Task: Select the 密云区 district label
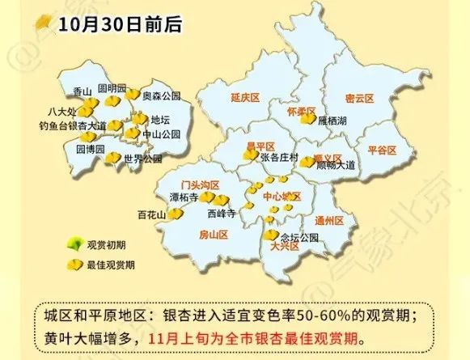coord(359,98)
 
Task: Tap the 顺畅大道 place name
coord(337,165)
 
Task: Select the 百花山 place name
coord(151,215)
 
